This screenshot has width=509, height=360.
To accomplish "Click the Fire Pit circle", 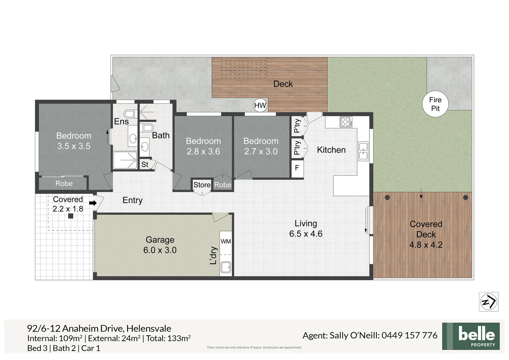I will pos(435,104).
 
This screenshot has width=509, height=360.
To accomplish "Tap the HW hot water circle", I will pos(260,106).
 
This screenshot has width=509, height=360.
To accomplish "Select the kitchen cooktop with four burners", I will pos(345,122).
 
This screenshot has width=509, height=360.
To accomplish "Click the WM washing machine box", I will pos(226,241).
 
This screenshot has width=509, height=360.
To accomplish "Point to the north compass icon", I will pos(488,302).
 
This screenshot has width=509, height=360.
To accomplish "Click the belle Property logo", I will pos(471,336).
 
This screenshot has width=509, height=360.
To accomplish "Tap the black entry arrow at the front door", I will pos(93,203).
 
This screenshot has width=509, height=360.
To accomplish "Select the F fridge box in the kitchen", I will pos(297,168).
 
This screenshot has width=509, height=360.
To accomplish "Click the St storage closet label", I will pos(145,164).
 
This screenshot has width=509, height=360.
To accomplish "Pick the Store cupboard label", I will pos(202,185).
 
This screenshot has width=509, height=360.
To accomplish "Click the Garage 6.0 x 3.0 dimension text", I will pos(160,250).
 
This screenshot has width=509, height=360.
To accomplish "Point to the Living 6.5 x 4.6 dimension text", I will pos(305,234).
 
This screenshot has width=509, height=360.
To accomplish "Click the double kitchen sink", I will pos(363,151).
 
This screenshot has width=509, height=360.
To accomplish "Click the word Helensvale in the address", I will pos(149,328).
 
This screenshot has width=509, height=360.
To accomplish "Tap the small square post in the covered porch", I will pos(71,216).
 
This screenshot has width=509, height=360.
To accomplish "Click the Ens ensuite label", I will pos(121,121).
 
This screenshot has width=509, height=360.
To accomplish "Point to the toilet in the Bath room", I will pos(147,128).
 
